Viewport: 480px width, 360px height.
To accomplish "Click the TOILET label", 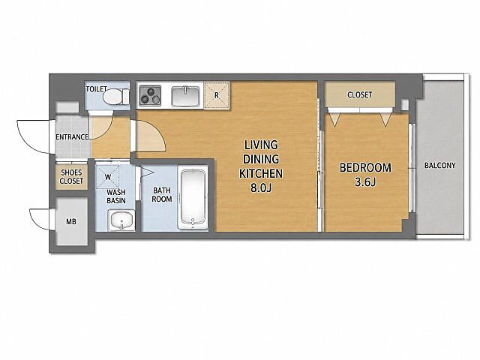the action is click(x=96, y=89).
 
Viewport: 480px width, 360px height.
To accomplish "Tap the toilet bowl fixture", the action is click(x=115, y=97).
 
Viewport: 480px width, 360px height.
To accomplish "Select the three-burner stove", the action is click(x=150, y=95).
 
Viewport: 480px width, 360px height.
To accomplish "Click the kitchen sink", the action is click(x=185, y=96).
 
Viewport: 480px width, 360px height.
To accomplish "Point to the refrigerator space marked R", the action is click(x=217, y=95).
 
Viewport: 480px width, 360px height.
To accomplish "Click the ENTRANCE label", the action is click(x=72, y=136).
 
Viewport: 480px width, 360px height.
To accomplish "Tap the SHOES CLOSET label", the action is click(x=71, y=177).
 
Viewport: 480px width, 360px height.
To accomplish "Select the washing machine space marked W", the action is click(x=107, y=178).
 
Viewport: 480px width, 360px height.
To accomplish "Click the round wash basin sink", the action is click(x=121, y=220).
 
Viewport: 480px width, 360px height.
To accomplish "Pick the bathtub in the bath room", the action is click(x=193, y=197).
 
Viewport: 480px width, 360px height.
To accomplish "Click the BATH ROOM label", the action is click(x=162, y=195).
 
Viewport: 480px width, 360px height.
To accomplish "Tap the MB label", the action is click(x=71, y=221).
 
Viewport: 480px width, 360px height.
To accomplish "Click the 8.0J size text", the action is click(x=261, y=188).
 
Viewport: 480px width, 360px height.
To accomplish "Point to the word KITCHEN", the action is click(x=261, y=173).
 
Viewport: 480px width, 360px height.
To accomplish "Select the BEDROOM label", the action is click(x=365, y=168).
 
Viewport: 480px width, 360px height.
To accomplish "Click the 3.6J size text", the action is click(x=365, y=182).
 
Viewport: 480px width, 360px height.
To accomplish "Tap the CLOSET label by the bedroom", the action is click(x=360, y=94).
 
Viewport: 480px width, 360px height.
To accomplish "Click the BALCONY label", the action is click(x=440, y=166).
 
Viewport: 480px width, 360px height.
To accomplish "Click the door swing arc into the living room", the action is click(x=159, y=132).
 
